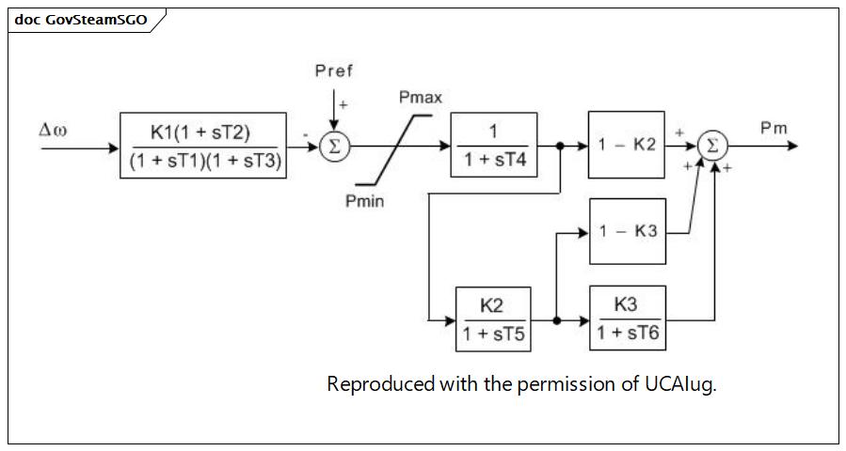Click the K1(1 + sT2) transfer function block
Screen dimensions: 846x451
pos(203,146)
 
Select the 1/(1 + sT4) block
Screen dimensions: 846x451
pos(494,145)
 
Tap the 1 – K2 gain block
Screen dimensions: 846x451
pos(627,145)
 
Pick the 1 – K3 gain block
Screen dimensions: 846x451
pos(628,232)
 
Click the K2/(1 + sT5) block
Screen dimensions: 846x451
pos(493,319)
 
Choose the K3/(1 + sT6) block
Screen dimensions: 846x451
pos(628,319)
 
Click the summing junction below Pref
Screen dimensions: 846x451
pos(334,146)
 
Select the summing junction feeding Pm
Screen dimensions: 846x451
pos(712,146)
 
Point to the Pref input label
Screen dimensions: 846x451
pos(334,70)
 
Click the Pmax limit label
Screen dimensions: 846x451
pos(421,98)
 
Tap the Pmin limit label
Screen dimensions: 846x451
pos(365,201)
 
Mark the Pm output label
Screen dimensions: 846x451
pos(774,128)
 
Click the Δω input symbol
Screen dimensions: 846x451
pos(53,130)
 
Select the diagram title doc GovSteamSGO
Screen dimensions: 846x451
pos(81,20)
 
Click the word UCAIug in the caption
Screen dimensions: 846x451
pos(680,384)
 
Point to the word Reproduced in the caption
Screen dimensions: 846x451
pos(381,384)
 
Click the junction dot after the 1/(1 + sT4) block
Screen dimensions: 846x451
pos(560,146)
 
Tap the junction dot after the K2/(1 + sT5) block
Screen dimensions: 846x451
pos(557,320)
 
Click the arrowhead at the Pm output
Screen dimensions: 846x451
pos(792,146)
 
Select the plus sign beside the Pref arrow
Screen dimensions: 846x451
pos(343,104)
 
